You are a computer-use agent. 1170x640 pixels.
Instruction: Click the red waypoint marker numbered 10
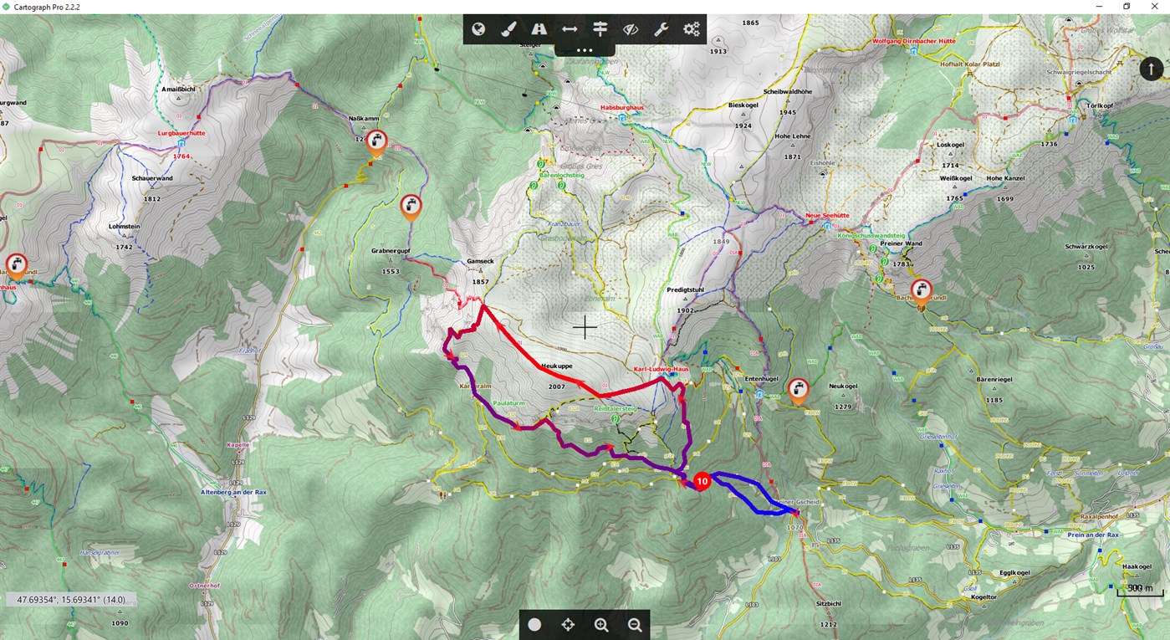coord(702,481)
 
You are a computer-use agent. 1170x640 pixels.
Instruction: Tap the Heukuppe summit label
coord(557,366)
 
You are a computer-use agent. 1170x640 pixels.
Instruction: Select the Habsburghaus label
coord(620,107)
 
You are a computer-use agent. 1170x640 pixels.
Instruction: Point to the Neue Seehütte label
coord(826,215)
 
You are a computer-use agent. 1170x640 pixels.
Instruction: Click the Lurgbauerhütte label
coord(181,133)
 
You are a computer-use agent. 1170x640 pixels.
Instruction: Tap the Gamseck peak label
coord(480,261)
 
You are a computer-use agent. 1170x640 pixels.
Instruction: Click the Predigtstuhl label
coord(684,289)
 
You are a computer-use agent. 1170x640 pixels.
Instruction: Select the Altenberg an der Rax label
coord(233,493)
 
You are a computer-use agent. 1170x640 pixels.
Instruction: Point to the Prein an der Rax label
coord(1093,535)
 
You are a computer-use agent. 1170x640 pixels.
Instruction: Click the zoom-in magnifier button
coord(601,624)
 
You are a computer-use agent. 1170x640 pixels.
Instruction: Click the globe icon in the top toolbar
coord(478,30)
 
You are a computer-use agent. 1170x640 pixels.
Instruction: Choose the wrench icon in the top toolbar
coord(661,30)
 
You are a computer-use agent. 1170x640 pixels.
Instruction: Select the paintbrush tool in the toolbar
coord(508,30)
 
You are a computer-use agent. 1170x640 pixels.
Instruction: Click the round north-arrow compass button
coord(1152,69)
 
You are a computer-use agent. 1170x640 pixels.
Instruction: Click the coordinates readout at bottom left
coord(71,600)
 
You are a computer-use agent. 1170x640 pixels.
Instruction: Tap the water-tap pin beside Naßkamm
coord(377,142)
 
